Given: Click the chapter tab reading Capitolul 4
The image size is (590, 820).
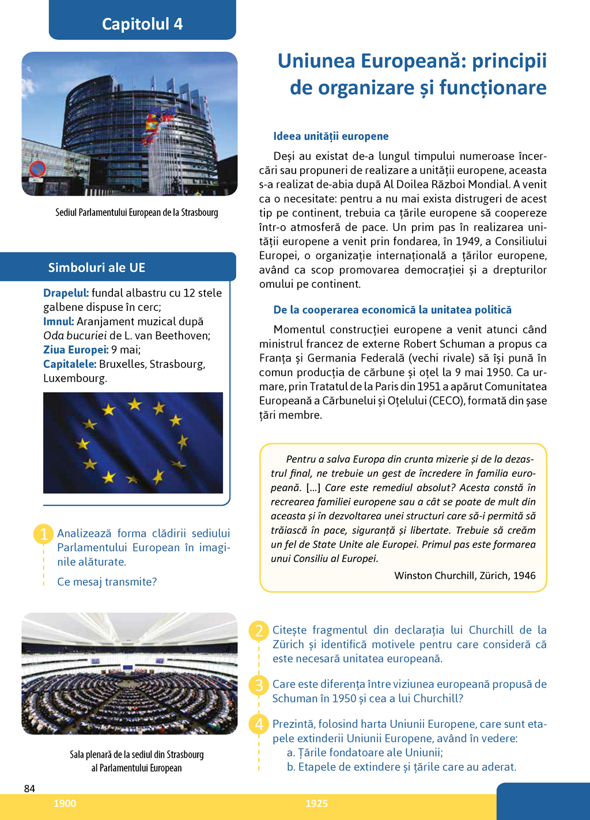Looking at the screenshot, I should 142,24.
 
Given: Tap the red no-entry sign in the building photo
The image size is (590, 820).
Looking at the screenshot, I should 38,169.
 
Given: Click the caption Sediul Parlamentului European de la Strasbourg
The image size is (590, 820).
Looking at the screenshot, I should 137,212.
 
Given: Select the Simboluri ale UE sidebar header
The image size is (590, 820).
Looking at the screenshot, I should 97,268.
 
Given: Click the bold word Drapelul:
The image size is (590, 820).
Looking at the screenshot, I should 66,293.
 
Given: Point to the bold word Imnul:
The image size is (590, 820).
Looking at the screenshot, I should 58,321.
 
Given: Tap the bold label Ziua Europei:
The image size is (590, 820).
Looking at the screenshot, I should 75,350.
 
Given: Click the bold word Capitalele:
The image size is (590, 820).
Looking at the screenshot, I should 69,364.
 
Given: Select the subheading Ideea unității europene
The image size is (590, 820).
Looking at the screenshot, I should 331,136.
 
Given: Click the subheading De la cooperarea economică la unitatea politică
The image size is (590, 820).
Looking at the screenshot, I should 392,310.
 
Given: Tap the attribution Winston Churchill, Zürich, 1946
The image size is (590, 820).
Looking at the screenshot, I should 465,575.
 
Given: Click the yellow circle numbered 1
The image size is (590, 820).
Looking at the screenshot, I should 44,534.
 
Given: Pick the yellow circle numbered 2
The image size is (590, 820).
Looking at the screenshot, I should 259,631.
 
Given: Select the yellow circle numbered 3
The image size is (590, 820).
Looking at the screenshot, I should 259,685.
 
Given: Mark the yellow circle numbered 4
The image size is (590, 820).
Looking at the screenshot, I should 259,724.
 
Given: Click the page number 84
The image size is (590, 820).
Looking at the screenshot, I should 29,788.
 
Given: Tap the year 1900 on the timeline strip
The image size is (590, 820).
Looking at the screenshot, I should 65,803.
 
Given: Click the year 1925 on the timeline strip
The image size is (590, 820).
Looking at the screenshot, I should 316,803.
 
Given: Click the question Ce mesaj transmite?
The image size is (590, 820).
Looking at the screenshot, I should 107,582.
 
